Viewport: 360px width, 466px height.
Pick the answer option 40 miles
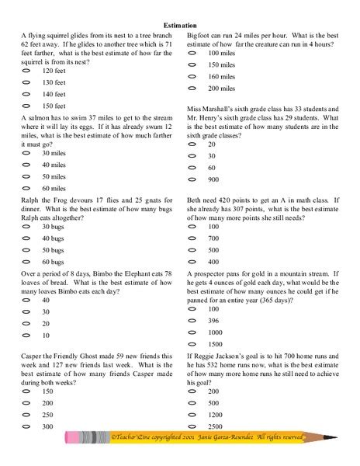pos(54,165)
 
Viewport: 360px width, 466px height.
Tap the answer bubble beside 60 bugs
pos(26,262)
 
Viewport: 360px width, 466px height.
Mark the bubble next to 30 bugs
pos(26,226)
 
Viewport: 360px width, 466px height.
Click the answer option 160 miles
pos(222,76)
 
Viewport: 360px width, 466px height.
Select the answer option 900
pos(213,179)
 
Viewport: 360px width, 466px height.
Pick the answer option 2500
pos(216,426)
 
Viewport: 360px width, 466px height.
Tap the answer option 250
pos(48,415)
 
